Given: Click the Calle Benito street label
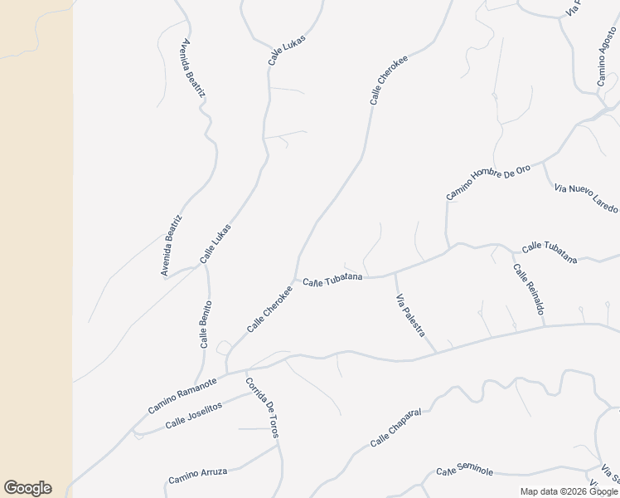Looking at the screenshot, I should (206, 324).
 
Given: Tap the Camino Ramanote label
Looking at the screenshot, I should (182, 396).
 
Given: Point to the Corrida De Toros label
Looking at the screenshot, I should (262, 408).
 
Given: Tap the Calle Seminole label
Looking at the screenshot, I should (465, 471).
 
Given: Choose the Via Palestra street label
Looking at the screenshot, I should (411, 315).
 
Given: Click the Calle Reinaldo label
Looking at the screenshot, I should (528, 290).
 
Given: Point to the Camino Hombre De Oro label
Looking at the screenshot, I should (487, 182).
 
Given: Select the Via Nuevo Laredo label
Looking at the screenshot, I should (586, 198).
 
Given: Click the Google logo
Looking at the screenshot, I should (27, 488).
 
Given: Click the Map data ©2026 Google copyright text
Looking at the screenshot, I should (568, 491).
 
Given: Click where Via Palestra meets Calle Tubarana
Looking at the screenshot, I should (394, 274).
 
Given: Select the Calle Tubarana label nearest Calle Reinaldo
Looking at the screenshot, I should (549, 251).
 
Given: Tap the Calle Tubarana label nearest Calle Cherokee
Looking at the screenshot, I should (332, 281).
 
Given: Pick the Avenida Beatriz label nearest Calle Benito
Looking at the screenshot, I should (172, 245).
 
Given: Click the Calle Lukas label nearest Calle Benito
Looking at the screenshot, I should (216, 244).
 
